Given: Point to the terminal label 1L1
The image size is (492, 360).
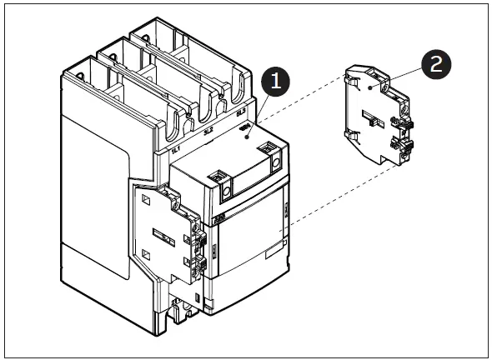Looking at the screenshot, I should click(176, 150).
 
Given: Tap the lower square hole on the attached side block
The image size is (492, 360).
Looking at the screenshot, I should click(147, 255).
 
